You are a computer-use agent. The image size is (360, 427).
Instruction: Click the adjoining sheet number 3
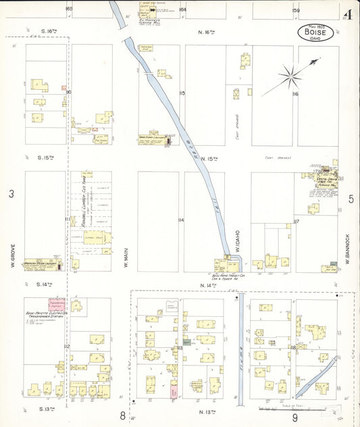[11, 195]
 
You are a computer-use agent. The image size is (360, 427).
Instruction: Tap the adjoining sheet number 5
[351, 199]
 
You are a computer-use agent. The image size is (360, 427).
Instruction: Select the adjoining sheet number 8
[123, 417]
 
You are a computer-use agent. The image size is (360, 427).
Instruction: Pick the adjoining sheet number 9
[295, 417]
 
